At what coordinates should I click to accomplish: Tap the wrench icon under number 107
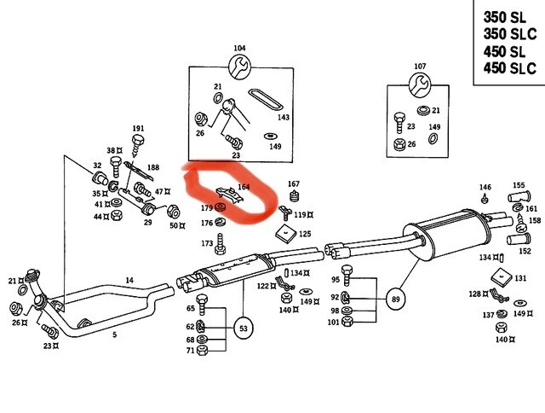pyautogui.click(x=420, y=83)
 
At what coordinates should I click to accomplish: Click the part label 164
pyautogui.click(x=244, y=187)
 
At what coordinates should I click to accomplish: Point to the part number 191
pyautogui.click(x=138, y=129)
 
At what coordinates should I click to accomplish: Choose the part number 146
pyautogui.click(x=485, y=187)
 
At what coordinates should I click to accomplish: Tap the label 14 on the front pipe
pyautogui.click(x=129, y=280)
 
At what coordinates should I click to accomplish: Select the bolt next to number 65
pyautogui.click(x=203, y=303)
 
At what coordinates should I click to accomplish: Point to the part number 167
pyautogui.click(x=294, y=183)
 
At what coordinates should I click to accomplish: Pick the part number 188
pyautogui.click(x=152, y=167)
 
